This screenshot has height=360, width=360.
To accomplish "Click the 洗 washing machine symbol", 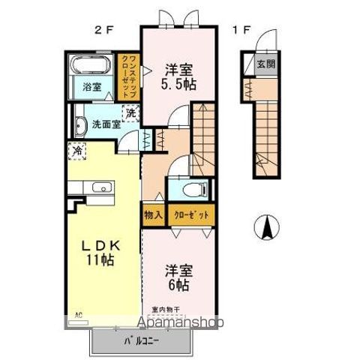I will click(131, 114).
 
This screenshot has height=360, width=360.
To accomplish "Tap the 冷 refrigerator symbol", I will click(77, 151).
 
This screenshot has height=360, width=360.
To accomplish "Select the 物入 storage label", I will click(153, 215).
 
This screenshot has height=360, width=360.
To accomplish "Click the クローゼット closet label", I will click(193, 215).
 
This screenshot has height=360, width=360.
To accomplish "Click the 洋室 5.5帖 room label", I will click(180, 78).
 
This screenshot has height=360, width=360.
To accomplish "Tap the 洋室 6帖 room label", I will click(178, 278).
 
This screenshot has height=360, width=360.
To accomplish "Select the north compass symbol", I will click(266, 226).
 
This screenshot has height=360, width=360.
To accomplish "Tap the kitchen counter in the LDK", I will click(92, 189).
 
